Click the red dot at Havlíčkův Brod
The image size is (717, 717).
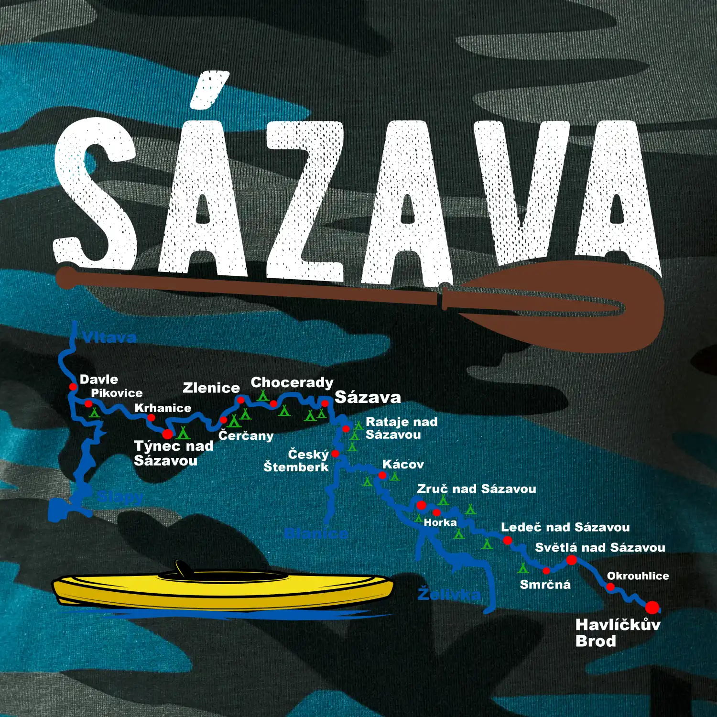click(x=652, y=608)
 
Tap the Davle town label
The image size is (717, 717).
click(x=99, y=380)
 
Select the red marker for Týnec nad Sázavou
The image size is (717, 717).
click(x=167, y=434)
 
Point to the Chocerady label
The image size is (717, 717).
click(x=292, y=382)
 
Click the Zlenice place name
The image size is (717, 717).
click(x=211, y=388)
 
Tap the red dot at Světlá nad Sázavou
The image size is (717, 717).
click(x=571, y=560)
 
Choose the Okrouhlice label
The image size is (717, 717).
click(x=638, y=576)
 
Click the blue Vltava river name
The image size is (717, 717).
click(x=109, y=337)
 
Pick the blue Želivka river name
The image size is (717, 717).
click(x=448, y=594)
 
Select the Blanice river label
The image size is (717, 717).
click(x=316, y=533)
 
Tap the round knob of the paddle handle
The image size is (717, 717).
click(x=66, y=277)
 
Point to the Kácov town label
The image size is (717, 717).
click(x=403, y=465)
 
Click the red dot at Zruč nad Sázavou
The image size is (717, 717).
click(x=421, y=505)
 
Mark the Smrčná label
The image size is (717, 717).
click(x=545, y=585)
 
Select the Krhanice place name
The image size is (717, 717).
click(x=163, y=408)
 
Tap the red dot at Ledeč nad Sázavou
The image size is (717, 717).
click(x=508, y=540)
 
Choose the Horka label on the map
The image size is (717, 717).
click(x=440, y=522)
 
